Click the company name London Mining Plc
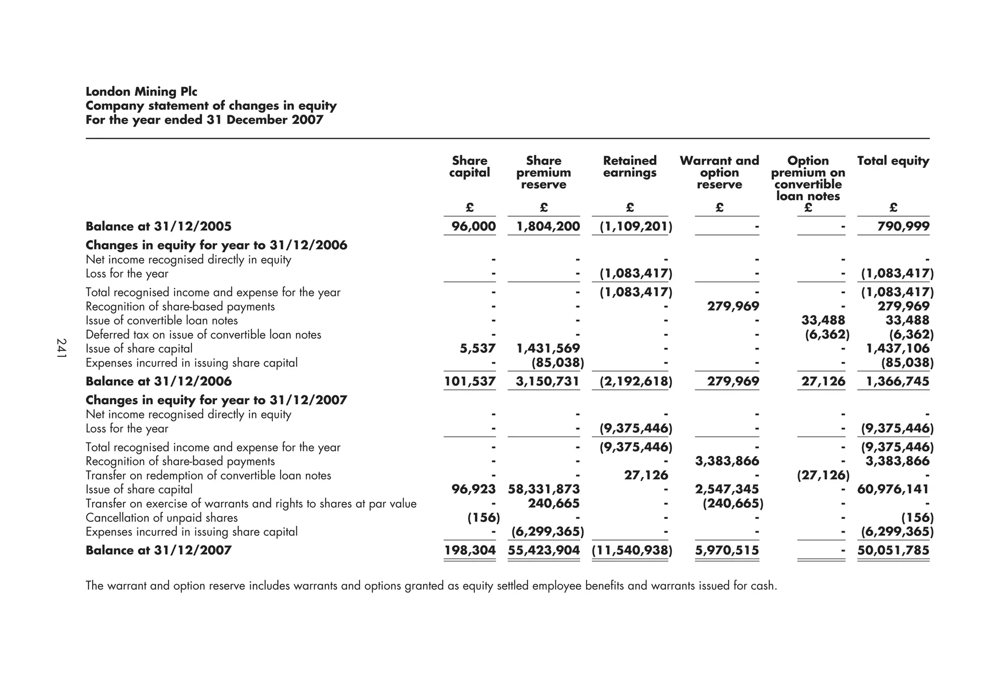point(141,92)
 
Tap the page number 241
point(61,348)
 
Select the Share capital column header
point(469,167)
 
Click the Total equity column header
point(893,161)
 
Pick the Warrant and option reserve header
point(719,172)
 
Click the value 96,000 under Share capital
point(474,226)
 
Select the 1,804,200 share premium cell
point(548,226)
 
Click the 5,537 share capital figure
point(478,348)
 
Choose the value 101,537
point(470,381)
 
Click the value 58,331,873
point(544,489)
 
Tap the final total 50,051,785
point(894,550)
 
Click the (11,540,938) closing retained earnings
point(632,550)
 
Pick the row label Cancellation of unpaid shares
point(161,518)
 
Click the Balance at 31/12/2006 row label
point(159,381)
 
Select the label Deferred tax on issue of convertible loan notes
point(203,334)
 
